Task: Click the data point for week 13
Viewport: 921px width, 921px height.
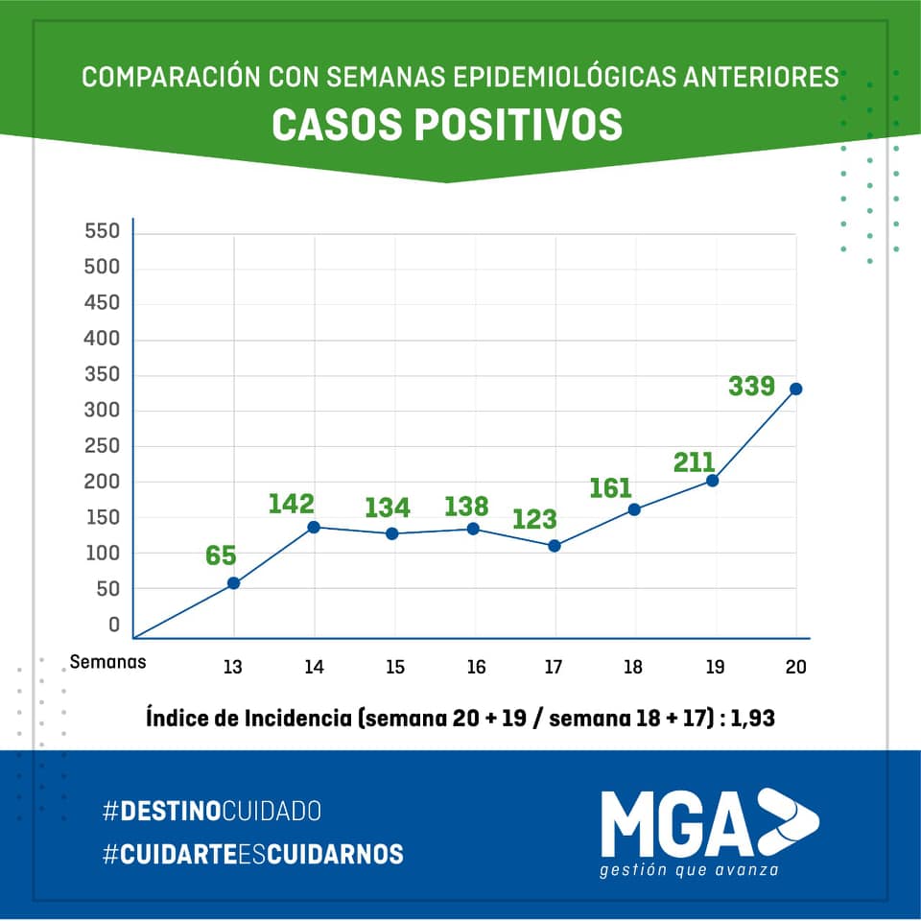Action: click(233, 582)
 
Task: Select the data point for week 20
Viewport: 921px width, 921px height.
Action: click(795, 389)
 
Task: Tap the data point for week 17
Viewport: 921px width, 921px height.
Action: click(555, 546)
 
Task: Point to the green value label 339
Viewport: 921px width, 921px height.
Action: click(751, 387)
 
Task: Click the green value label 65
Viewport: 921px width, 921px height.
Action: click(221, 555)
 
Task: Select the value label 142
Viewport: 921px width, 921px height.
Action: click(292, 504)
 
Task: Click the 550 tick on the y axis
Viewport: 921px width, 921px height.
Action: click(102, 232)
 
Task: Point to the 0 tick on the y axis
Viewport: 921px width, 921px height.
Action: click(114, 625)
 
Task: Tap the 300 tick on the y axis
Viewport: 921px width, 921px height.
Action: click(102, 411)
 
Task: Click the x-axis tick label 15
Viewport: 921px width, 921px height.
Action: click(395, 668)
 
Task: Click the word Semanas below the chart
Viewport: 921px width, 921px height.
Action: click(108, 661)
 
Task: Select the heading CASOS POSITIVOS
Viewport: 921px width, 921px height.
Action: click(447, 125)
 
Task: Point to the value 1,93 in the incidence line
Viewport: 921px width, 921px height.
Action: click(752, 717)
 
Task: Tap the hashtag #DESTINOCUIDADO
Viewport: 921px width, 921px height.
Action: click(211, 811)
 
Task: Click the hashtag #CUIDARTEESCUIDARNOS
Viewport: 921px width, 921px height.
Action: click(253, 854)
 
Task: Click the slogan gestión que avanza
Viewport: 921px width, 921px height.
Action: click(688, 870)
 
